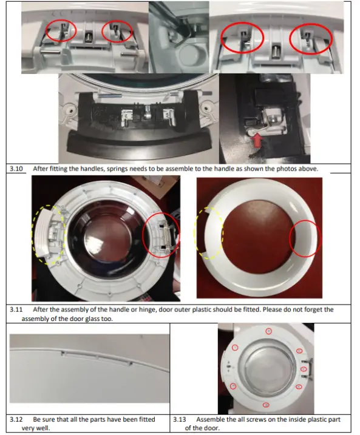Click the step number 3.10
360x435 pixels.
16,169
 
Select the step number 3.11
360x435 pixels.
16,309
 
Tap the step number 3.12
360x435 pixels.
16,419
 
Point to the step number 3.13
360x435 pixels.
180,419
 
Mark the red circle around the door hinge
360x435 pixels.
160,233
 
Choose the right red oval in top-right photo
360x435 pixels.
312,40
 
